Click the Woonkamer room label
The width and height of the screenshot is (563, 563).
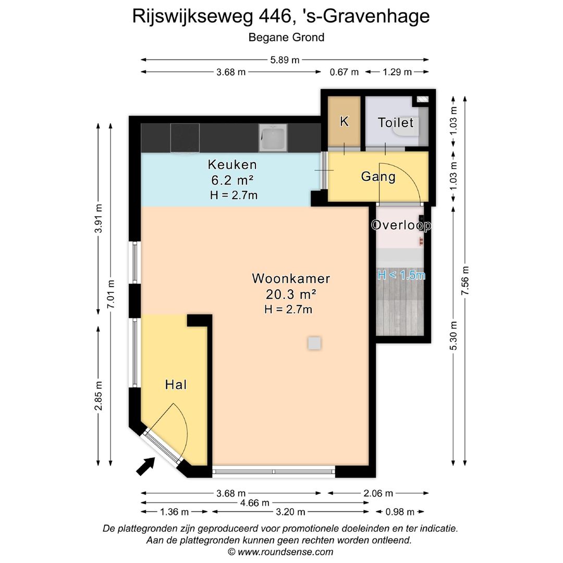[x=291, y=278]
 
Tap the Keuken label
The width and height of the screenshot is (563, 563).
[x=232, y=165]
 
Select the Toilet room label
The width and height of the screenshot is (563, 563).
[x=396, y=123]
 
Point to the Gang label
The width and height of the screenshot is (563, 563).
[x=378, y=177]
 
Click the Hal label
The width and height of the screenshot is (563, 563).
[x=176, y=385]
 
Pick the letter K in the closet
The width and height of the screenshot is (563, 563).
[x=344, y=121]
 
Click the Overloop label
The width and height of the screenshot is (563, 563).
[x=401, y=225]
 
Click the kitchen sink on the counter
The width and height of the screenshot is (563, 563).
[x=273, y=138]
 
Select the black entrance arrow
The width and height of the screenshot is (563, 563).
[x=146, y=466]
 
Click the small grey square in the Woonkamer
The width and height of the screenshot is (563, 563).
[x=314, y=343]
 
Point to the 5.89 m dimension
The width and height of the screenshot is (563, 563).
[x=285, y=60]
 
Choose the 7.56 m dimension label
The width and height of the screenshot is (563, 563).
[x=466, y=281]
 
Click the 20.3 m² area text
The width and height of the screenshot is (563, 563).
[x=291, y=294]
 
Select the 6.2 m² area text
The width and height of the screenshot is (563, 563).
[x=232, y=180]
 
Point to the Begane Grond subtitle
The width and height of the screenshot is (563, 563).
[x=286, y=37]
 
